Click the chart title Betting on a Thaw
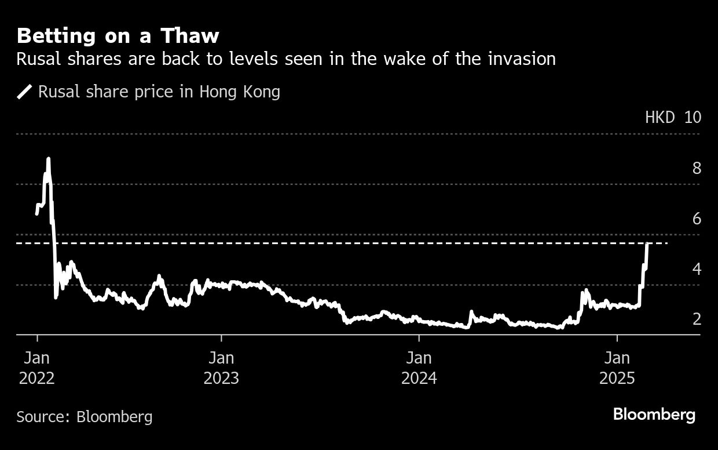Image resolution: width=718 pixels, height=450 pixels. tap(118, 36)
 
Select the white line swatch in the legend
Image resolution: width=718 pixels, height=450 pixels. tap(25, 92)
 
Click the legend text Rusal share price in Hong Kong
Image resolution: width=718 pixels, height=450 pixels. tap(159, 92)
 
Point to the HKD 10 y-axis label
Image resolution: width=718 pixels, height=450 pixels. tap(673, 117)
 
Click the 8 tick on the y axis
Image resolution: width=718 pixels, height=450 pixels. tap(697, 168)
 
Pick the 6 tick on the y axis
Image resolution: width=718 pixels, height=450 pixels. tap(697, 219)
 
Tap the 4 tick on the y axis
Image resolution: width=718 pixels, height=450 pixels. tap(697, 269)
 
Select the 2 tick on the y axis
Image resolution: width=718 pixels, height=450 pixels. tap(697, 319)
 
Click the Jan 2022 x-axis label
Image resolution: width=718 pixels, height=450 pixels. tap(36, 366)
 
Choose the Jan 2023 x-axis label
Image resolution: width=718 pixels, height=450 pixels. tap(221, 366)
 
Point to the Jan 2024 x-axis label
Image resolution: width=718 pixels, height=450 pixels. tap(419, 366)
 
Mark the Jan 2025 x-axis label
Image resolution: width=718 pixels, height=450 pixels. tap(617, 366)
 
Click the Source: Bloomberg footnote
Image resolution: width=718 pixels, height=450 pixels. tap(85, 416)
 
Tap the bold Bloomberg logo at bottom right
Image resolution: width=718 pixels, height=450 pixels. tap(654, 415)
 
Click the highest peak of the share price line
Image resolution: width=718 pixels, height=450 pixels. tap(48, 158)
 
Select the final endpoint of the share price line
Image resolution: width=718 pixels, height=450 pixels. tap(647, 244)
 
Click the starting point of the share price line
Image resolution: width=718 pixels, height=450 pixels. tap(37, 214)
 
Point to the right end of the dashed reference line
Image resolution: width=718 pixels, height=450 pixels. tap(667, 243)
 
